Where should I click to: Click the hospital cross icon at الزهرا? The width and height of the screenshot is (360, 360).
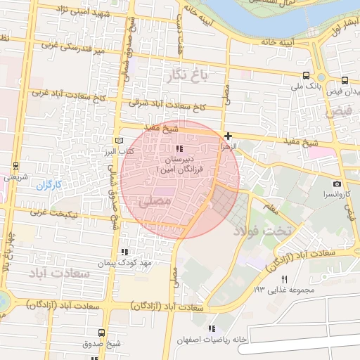[228, 136]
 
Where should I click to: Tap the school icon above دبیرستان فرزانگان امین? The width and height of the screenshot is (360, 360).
[180, 149]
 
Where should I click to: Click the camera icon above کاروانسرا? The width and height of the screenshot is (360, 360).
[337, 184]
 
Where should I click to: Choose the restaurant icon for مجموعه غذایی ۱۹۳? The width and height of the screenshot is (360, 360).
[285, 279]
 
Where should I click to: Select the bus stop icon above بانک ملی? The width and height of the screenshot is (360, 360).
[305, 75]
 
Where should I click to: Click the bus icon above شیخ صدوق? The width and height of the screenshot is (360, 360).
[101, 333]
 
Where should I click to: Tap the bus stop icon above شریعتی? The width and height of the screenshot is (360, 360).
[15, 167]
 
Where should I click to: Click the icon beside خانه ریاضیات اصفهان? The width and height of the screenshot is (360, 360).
[212, 328]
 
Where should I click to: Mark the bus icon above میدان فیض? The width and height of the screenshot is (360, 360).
[345, 81]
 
